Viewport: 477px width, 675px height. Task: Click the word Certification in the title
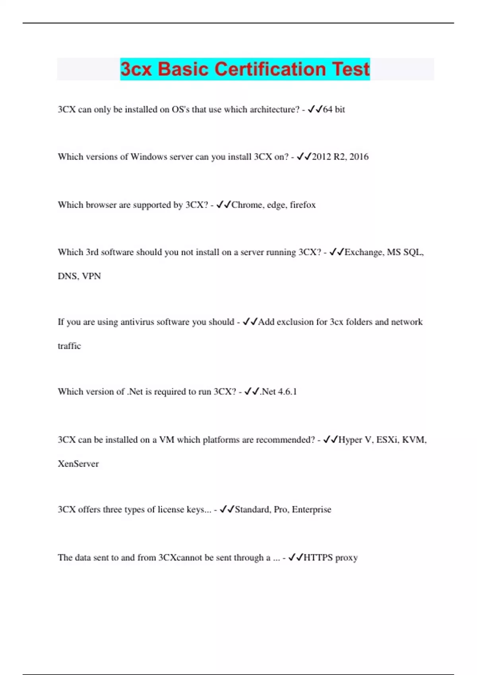click(271, 69)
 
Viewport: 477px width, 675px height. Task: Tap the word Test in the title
click(351, 69)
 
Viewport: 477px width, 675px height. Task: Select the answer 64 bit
click(334, 110)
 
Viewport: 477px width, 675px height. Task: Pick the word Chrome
click(246, 205)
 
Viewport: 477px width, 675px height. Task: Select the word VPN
click(91, 276)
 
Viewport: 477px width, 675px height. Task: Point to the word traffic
click(69, 346)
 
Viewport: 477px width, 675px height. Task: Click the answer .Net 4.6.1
click(278, 392)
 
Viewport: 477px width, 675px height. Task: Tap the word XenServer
click(78, 464)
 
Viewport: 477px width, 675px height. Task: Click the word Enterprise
click(311, 509)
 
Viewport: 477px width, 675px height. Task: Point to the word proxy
click(347, 558)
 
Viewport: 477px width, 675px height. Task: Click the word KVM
click(414, 440)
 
